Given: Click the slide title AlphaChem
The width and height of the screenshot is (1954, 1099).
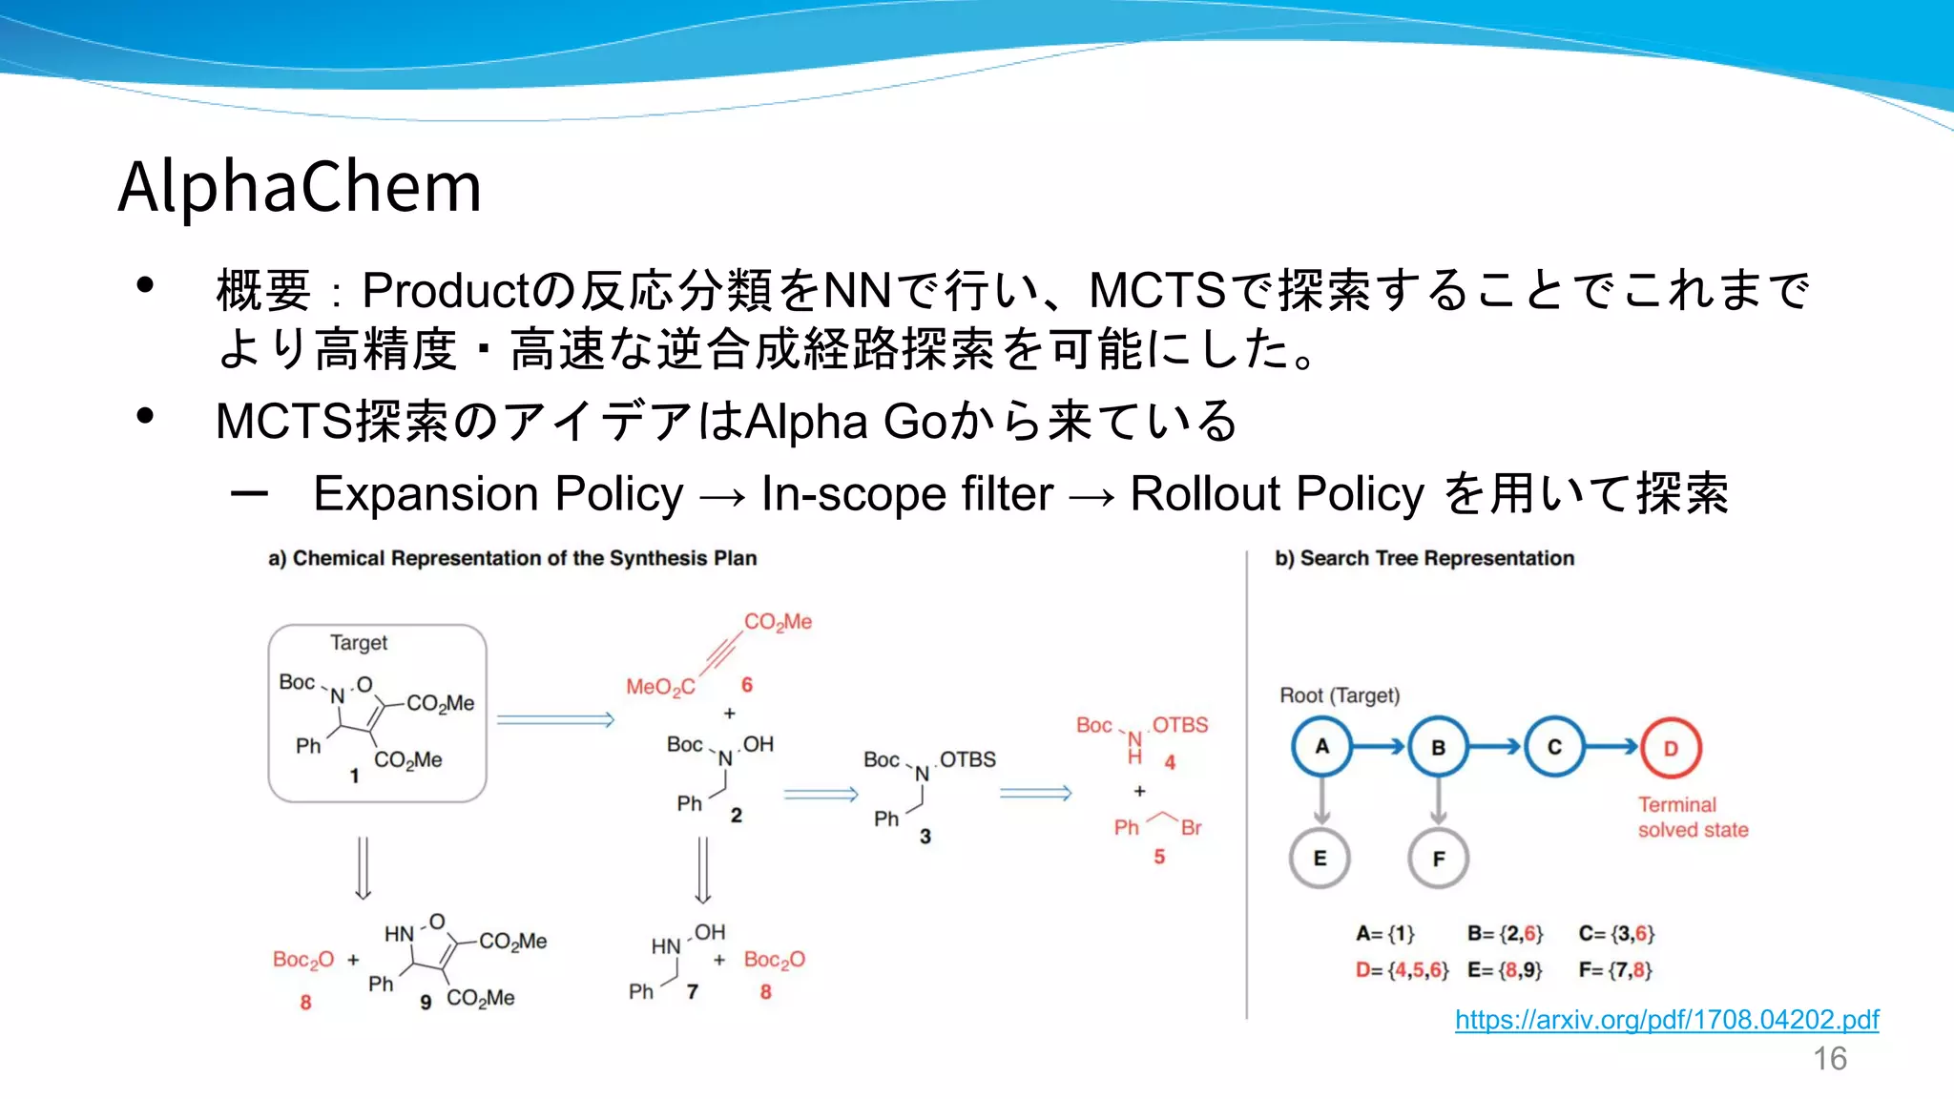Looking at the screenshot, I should tap(300, 186).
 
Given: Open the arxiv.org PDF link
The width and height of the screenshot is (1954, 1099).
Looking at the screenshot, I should tap(1666, 1020).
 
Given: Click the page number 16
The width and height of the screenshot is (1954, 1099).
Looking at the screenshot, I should tap(1829, 1059).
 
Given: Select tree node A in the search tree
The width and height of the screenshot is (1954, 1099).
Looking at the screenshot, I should tap(1321, 747).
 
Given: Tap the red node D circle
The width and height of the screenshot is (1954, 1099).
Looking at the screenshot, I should tap(1671, 748).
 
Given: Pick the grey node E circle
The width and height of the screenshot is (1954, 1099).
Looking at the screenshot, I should tap(1320, 859).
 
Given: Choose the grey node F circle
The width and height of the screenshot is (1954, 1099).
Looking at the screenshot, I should tap(1438, 859).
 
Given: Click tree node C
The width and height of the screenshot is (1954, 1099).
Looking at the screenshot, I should tap(1554, 747).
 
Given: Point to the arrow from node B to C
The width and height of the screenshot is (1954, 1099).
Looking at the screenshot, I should tap(1495, 747).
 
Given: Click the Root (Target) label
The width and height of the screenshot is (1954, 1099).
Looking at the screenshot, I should tap(1339, 695).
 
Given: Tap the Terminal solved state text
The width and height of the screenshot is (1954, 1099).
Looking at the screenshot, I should tap(1693, 818).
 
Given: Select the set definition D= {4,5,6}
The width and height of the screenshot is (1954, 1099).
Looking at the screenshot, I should tap(1402, 970).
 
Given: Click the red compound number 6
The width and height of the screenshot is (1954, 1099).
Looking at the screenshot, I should tap(747, 685).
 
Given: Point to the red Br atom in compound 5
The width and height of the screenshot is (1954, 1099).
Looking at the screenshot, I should tap(1191, 828).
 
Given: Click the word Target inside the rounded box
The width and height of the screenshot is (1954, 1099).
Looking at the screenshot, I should tap(359, 643).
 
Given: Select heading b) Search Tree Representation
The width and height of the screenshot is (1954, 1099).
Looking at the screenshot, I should tap(1424, 558).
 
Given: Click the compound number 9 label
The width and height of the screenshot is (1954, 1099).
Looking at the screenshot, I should tap(426, 1002).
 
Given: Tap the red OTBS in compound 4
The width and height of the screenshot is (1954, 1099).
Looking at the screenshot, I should tap(1179, 725).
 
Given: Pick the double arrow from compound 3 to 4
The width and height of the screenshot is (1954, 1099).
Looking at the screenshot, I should tap(1035, 793).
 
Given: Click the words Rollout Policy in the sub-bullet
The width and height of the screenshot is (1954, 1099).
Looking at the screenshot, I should tap(1277, 494).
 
